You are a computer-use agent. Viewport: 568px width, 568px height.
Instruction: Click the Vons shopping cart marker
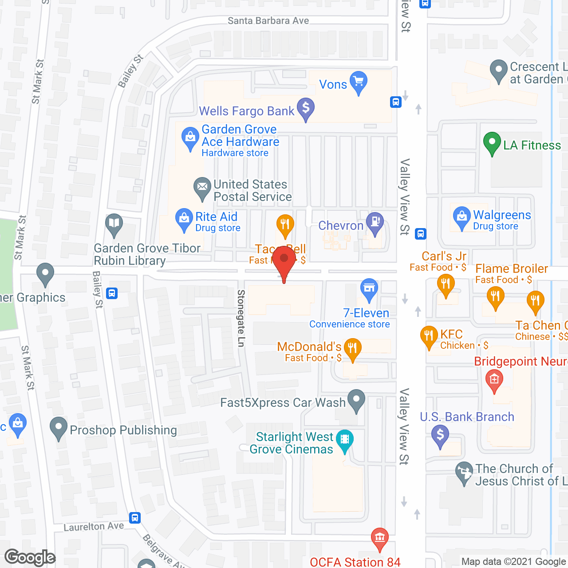coord(358,82)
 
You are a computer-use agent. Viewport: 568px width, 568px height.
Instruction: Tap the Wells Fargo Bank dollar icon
coord(305,108)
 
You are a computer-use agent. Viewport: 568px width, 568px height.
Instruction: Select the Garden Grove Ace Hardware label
coord(240,136)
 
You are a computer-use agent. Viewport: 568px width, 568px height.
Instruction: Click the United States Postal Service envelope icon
coord(202,188)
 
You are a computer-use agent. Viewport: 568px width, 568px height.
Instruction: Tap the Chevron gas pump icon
coord(375,222)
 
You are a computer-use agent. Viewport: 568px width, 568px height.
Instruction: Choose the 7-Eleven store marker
coord(369,288)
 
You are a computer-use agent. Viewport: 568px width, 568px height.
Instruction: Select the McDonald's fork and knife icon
coord(352,348)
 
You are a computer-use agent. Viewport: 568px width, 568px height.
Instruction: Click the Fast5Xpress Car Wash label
coord(283,403)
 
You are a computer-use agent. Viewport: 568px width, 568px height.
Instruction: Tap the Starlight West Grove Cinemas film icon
coord(345,440)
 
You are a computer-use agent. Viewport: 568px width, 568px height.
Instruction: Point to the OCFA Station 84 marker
coord(379,538)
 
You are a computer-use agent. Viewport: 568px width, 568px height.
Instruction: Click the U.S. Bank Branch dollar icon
coord(440,434)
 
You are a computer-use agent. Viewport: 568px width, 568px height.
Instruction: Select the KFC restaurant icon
coord(429,336)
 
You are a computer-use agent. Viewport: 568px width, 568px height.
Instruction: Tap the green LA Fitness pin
coord(492,143)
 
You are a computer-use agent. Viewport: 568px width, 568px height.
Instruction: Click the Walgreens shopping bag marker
coord(461,217)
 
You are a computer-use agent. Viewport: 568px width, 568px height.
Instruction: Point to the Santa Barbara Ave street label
coord(268,21)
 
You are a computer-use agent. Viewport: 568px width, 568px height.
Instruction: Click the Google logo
coord(30,557)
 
